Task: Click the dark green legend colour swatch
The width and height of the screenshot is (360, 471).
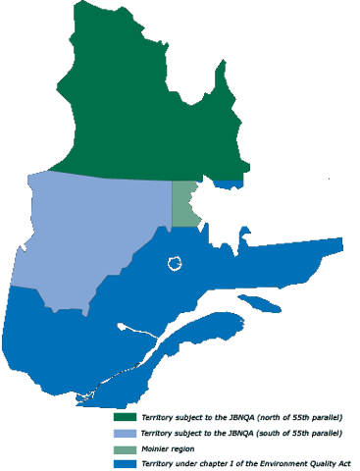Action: [x=125, y=417]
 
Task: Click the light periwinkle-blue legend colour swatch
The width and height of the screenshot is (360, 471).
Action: [x=125, y=433]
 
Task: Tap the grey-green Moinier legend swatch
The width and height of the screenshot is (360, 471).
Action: [x=125, y=448]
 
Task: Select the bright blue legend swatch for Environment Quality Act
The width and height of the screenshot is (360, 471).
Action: [x=125, y=463]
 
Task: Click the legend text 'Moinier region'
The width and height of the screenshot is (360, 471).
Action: [x=168, y=448]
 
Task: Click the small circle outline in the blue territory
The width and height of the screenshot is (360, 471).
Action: [x=175, y=263]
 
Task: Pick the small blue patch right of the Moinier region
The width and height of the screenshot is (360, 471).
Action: [x=230, y=183]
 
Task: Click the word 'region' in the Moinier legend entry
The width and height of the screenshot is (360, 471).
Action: [x=181, y=448]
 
